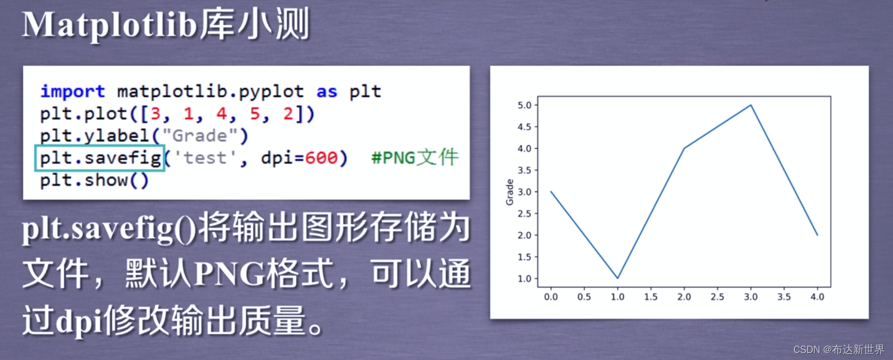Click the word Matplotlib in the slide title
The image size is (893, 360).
[110, 25]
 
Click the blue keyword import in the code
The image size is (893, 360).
[72, 91]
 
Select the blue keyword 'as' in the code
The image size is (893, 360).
[327, 91]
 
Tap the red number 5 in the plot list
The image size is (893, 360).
[255, 114]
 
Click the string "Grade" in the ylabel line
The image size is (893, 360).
[199, 136]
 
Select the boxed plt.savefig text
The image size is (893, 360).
[100, 158]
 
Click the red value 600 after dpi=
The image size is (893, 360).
[321, 158]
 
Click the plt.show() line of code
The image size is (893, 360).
[94, 180]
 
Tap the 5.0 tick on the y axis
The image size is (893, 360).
[524, 105]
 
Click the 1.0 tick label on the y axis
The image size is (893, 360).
[524, 279]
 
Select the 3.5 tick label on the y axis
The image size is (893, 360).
[524, 170]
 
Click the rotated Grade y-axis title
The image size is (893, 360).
[510, 192]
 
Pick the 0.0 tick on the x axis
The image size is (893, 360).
[551, 297]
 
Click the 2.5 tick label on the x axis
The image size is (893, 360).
[717, 297]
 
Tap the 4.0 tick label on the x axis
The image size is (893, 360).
[817, 297]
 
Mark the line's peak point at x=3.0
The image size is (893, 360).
[750, 105]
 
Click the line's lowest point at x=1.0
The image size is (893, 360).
[617, 278]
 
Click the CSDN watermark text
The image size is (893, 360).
[839, 349]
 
